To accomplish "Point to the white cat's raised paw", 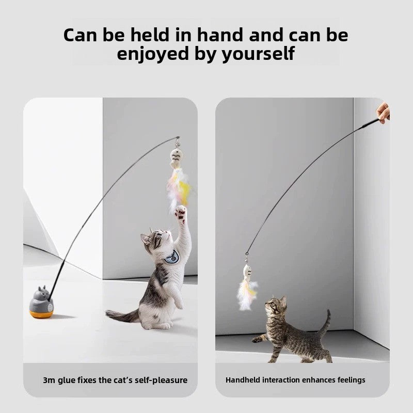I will pyautogui.click(x=180, y=211).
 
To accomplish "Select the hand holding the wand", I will pyautogui.click(x=383, y=112).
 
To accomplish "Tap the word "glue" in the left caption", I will pyautogui.click(x=69, y=380).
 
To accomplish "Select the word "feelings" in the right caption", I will pyautogui.click(x=350, y=380).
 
